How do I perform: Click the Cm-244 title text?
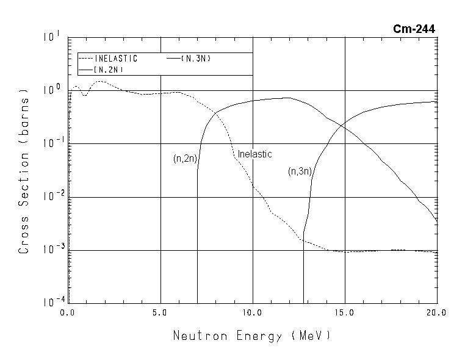click(x=414, y=29)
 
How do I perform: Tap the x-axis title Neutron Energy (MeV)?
click(x=252, y=336)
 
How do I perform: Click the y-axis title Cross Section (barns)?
click(x=24, y=170)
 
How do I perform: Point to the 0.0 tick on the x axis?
click(x=68, y=313)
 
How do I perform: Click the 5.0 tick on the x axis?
click(x=160, y=313)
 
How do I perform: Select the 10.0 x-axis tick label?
click(x=252, y=313)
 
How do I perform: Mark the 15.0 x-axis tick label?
click(x=345, y=313)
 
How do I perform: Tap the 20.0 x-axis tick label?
click(x=437, y=313)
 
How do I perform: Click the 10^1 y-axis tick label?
click(x=51, y=37)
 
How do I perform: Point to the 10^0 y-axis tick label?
click(x=51, y=90)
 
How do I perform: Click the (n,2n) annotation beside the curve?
click(x=184, y=159)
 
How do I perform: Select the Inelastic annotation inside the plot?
click(x=254, y=154)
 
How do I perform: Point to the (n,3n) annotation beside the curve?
click(x=300, y=171)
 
